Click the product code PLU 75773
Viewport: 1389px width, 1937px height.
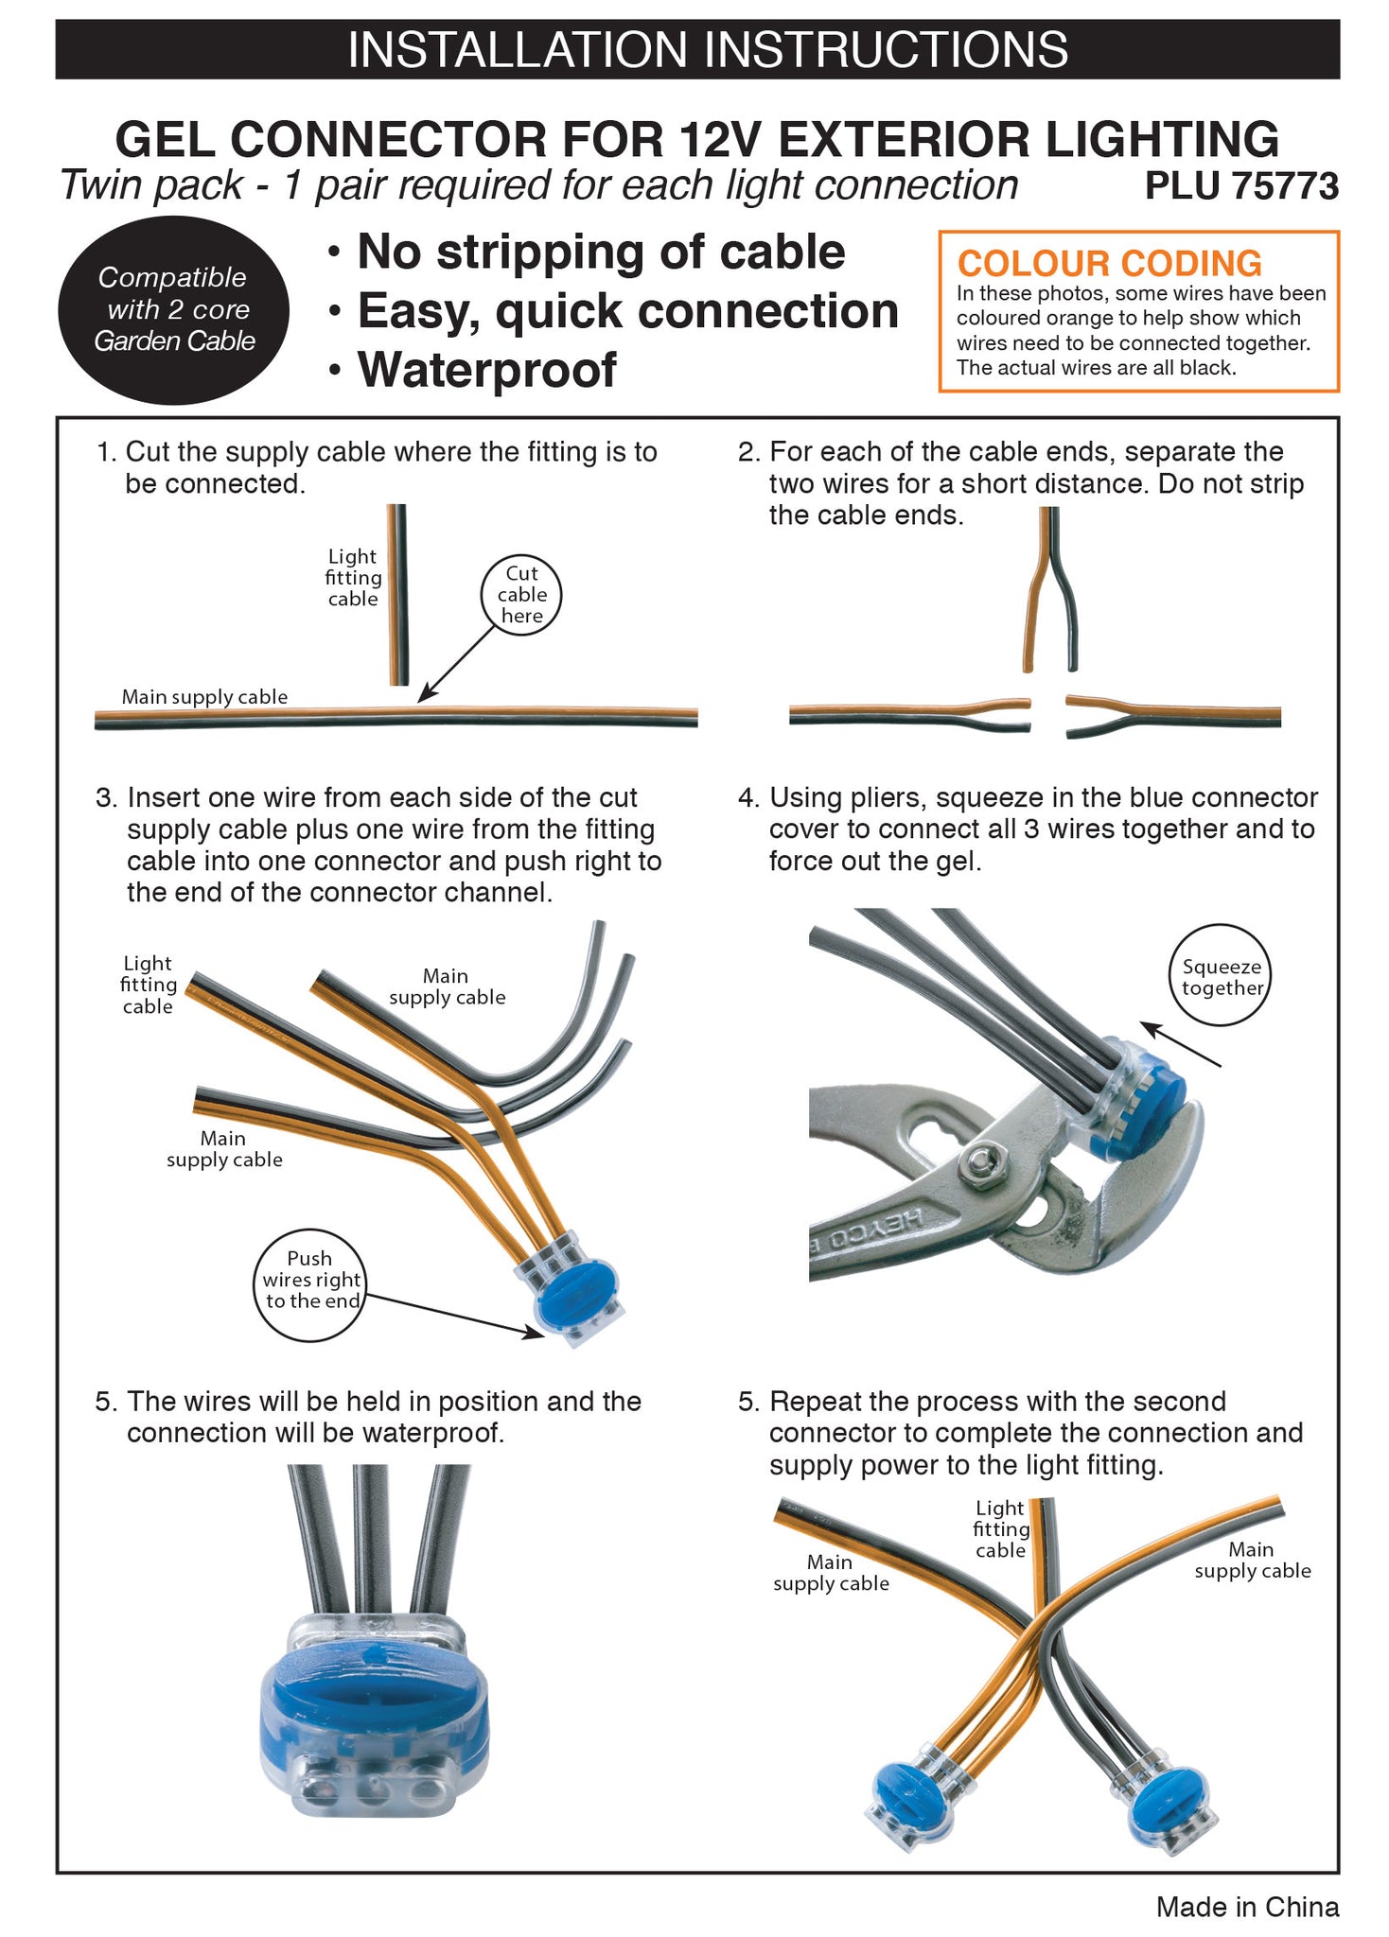(x=1240, y=186)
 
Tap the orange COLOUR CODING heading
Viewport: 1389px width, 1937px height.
(x=1109, y=263)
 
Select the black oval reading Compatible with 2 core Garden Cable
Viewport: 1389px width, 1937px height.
(x=174, y=309)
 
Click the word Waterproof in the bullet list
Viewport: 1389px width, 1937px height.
(x=486, y=370)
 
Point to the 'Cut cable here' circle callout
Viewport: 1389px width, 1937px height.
(x=521, y=595)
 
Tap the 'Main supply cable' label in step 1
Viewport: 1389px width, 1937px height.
(x=204, y=697)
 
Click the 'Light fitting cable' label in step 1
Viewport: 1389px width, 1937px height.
(x=353, y=577)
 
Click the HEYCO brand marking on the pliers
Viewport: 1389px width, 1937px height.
(x=880, y=1229)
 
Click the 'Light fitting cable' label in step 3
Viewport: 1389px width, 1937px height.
(x=149, y=985)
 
